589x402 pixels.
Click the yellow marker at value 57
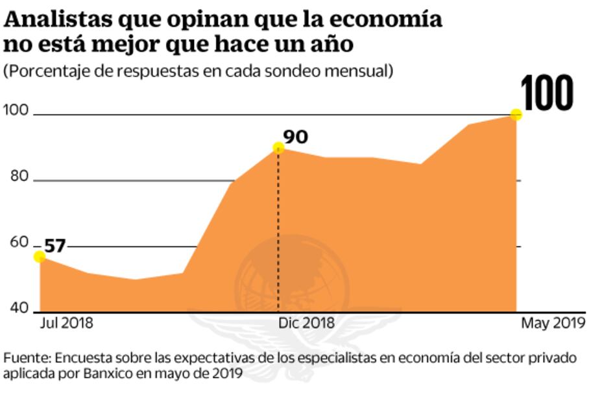coord(40,257)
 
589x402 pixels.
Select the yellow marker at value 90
coord(279,148)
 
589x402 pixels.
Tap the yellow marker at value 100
coord(516,115)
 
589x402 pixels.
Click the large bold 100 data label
coord(548,93)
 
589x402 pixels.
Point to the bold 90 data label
coord(296,137)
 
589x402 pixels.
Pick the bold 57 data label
coord(55,246)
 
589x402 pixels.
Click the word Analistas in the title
coord(58,20)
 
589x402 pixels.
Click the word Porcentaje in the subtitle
coord(45,71)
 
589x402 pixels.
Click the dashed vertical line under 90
coord(279,233)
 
